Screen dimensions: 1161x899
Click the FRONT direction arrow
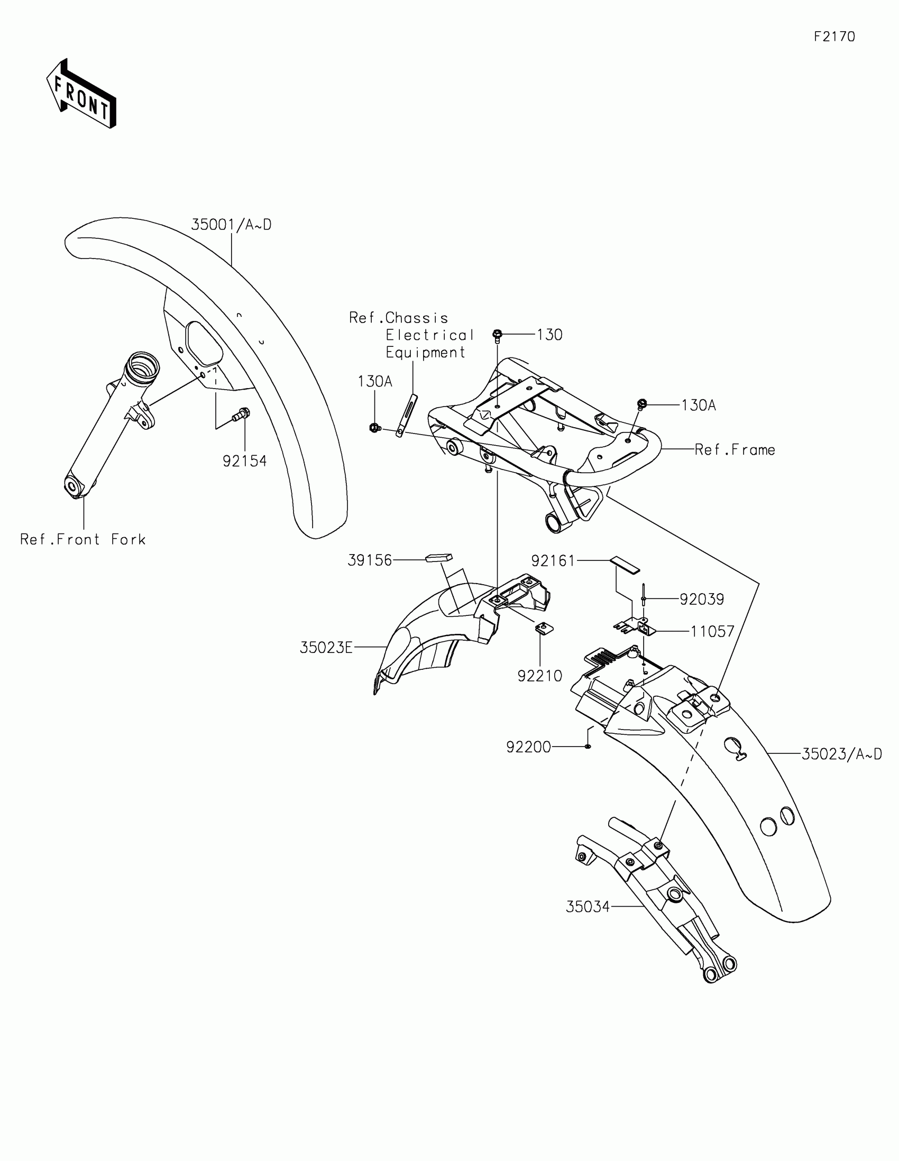pyautogui.click(x=81, y=94)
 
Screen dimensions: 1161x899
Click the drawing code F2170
pyautogui.click(x=834, y=36)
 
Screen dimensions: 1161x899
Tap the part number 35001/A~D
pyautogui.click(x=231, y=225)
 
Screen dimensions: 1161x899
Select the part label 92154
pyautogui.click(x=244, y=462)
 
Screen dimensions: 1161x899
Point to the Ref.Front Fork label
pyautogui.click(x=83, y=540)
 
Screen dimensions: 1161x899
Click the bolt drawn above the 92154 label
pyautogui.click(x=242, y=414)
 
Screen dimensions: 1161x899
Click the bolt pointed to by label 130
pyautogui.click(x=497, y=335)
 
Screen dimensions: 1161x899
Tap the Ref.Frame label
pyautogui.click(x=735, y=450)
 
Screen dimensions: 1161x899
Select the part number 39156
pyautogui.click(x=370, y=560)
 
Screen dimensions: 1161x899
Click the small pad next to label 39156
pyautogui.click(x=438, y=558)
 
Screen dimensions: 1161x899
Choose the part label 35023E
pyautogui.click(x=326, y=648)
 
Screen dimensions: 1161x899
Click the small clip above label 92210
pyautogui.click(x=543, y=628)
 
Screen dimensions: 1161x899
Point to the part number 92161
pyautogui.click(x=553, y=561)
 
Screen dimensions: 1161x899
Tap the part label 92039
pyautogui.click(x=702, y=600)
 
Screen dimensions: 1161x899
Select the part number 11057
pyautogui.click(x=712, y=632)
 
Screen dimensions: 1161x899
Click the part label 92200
pyautogui.click(x=528, y=748)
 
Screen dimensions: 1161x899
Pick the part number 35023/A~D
pyautogui.click(x=841, y=754)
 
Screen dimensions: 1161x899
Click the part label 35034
pyautogui.click(x=588, y=907)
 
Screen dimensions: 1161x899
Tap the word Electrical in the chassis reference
pyautogui.click(x=429, y=335)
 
